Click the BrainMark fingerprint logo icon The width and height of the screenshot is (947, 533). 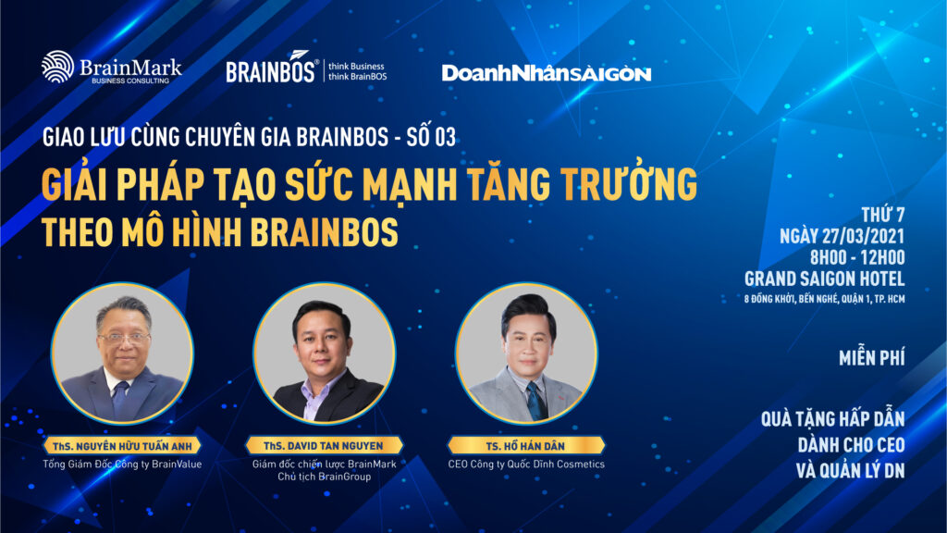click(57, 67)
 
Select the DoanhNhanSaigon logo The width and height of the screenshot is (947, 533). click(547, 74)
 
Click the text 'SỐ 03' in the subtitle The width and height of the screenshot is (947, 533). click(431, 137)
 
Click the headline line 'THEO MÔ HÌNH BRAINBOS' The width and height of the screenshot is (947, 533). click(220, 232)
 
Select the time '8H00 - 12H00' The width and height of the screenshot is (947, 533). click(857, 257)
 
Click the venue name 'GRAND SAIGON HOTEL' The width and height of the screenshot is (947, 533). click(824, 279)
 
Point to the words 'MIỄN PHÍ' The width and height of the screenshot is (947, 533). click(871, 358)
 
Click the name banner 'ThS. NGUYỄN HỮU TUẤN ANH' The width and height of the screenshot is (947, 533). click(122, 446)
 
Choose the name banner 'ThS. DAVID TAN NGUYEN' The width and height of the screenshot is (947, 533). click(324, 445)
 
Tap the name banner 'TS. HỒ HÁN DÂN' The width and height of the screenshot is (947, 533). click(525, 446)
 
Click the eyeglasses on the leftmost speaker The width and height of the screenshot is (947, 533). click(123, 339)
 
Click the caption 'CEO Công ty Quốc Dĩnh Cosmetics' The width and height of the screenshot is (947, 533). click(526, 465)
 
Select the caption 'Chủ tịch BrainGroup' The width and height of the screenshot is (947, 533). click(324, 477)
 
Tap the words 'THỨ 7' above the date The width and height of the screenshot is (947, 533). click(883, 215)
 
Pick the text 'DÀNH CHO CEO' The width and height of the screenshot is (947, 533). click(851, 445)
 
